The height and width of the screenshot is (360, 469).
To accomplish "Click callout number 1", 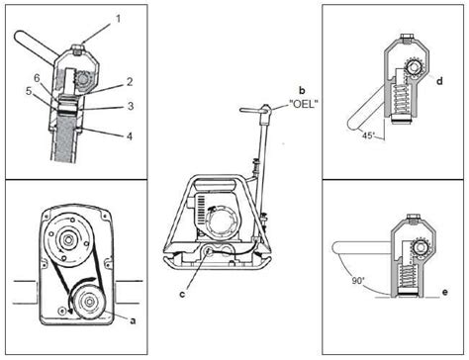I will click(x=119, y=18).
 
